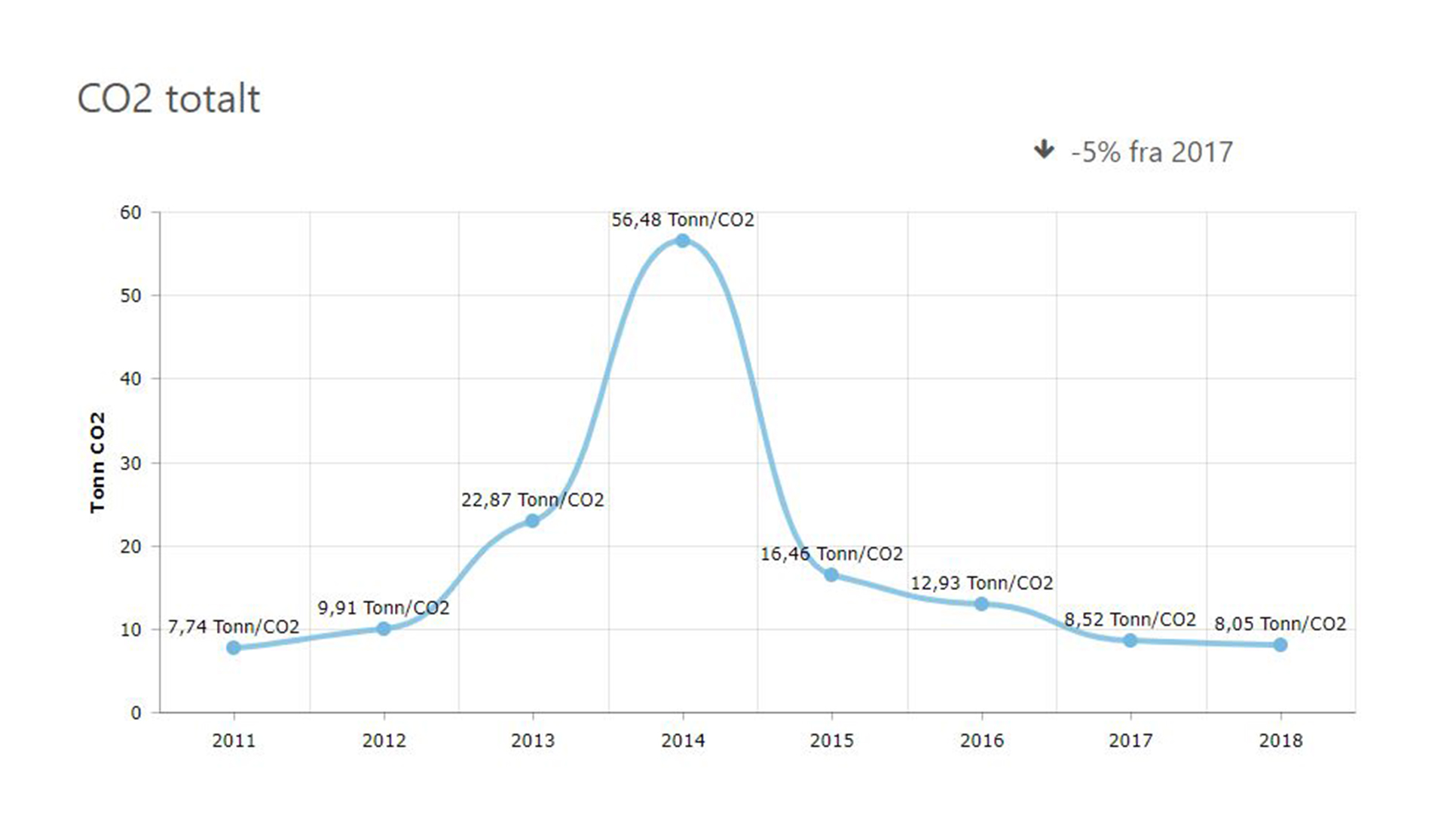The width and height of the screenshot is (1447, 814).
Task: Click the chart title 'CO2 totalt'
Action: [x=169, y=99]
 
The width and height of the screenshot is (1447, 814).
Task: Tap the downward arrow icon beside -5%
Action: [x=1044, y=149]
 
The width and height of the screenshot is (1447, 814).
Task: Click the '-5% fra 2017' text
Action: [x=1152, y=152]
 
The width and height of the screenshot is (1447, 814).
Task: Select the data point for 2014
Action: [x=683, y=240]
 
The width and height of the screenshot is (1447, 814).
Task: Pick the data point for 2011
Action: [x=234, y=647]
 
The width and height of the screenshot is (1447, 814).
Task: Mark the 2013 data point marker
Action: [x=533, y=521]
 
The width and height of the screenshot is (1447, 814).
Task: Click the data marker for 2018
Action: [x=1280, y=644]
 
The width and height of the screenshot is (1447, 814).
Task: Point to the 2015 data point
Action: [x=831, y=575]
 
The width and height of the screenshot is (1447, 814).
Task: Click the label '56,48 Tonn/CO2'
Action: [x=683, y=220]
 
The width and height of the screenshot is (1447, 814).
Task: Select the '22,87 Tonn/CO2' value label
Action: [x=533, y=500]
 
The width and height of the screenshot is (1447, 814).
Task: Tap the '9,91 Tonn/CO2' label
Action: [x=384, y=608]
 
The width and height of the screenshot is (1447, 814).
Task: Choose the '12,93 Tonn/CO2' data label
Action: [x=981, y=583]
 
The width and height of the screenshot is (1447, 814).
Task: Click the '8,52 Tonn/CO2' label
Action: [x=1130, y=620]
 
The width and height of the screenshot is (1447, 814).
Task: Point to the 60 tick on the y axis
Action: [x=131, y=213]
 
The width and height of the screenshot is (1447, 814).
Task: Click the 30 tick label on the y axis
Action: [x=131, y=464]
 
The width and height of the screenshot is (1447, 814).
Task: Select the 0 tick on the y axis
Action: [x=136, y=713]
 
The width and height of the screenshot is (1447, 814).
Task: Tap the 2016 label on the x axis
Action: [x=981, y=741]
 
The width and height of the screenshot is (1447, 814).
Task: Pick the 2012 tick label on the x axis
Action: [x=384, y=741]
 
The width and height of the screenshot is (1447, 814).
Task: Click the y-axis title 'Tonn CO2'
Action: [x=97, y=463]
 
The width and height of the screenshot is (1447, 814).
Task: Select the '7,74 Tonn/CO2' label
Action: [x=234, y=627]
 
